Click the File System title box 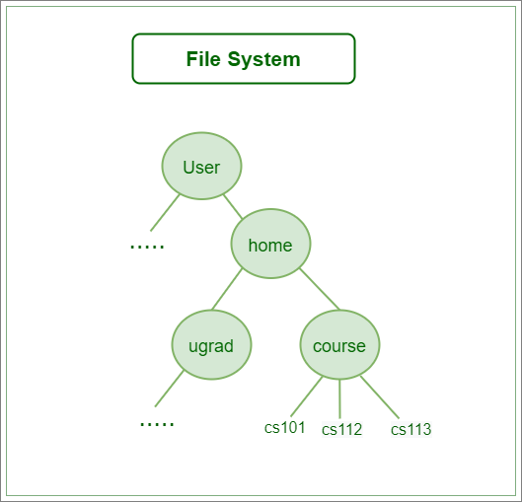click(x=244, y=58)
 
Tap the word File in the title click(x=203, y=59)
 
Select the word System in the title click(x=264, y=60)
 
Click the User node click(x=201, y=166)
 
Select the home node click(x=270, y=244)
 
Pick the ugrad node click(x=211, y=344)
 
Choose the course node click(x=339, y=344)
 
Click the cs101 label click(x=284, y=427)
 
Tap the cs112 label click(x=341, y=429)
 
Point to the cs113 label click(x=411, y=429)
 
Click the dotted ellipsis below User click(x=147, y=247)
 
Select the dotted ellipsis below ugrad click(x=157, y=424)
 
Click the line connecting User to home click(x=233, y=207)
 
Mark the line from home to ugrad click(x=227, y=289)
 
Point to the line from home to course click(x=320, y=289)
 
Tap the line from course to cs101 click(x=307, y=396)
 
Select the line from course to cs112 click(x=339, y=398)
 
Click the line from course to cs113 click(x=380, y=397)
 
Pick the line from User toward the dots click(x=165, y=213)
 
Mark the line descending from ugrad click(x=170, y=389)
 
